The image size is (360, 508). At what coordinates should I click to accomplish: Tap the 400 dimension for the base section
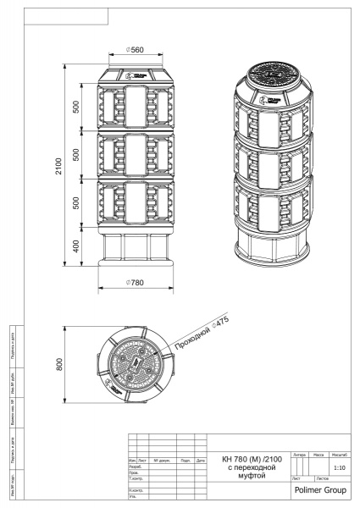pos(77,246)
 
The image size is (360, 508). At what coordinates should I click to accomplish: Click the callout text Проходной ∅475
pos(202,334)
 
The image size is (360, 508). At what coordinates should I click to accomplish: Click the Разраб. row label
pos(134,467)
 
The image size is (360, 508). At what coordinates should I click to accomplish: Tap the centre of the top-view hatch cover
pos(133,367)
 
